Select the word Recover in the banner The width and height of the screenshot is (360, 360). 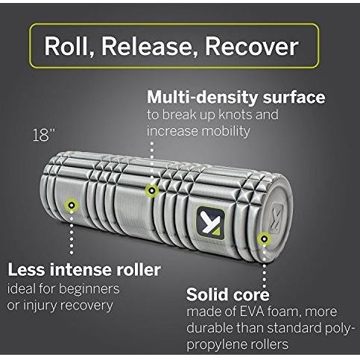pyautogui.click(x=251, y=47)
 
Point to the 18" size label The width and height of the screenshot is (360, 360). pyautogui.click(x=44, y=136)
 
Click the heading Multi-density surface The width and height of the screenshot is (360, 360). pyautogui.click(x=236, y=97)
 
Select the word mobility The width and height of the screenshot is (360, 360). pyautogui.click(x=225, y=131)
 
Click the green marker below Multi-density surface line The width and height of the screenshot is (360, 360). pyautogui.click(x=152, y=191)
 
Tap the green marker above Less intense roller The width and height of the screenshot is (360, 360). pyautogui.click(x=72, y=206)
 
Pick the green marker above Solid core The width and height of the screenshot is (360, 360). pyautogui.click(x=264, y=239)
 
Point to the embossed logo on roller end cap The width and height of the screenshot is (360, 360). pyautogui.click(x=275, y=218)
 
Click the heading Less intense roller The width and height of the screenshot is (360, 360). pyautogui.click(x=84, y=270)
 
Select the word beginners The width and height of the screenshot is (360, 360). pyautogui.click(x=89, y=289)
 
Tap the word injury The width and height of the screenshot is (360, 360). pyautogui.click(x=40, y=306)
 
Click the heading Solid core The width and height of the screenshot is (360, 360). pyautogui.click(x=228, y=294)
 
